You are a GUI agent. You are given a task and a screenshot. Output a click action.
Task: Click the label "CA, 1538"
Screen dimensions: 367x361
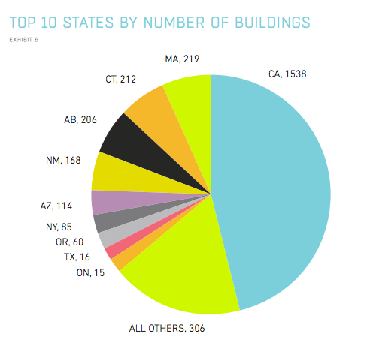click(287, 74)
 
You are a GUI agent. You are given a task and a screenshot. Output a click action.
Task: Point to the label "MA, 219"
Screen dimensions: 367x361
click(182, 59)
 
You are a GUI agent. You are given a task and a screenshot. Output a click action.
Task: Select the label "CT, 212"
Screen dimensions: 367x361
click(120, 80)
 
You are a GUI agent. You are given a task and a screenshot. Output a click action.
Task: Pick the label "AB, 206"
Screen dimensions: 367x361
click(80, 120)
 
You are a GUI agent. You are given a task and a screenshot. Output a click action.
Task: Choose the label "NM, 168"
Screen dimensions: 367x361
click(63, 161)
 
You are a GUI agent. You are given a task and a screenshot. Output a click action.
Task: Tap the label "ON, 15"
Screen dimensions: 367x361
click(90, 273)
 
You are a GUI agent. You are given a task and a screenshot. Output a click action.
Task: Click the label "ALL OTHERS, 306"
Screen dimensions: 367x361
click(167, 329)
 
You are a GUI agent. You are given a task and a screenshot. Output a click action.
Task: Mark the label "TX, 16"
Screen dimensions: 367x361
click(77, 257)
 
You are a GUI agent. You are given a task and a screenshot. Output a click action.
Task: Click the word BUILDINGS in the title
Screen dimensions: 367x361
click(272, 23)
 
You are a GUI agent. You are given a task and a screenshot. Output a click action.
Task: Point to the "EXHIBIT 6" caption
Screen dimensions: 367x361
click(24, 40)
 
